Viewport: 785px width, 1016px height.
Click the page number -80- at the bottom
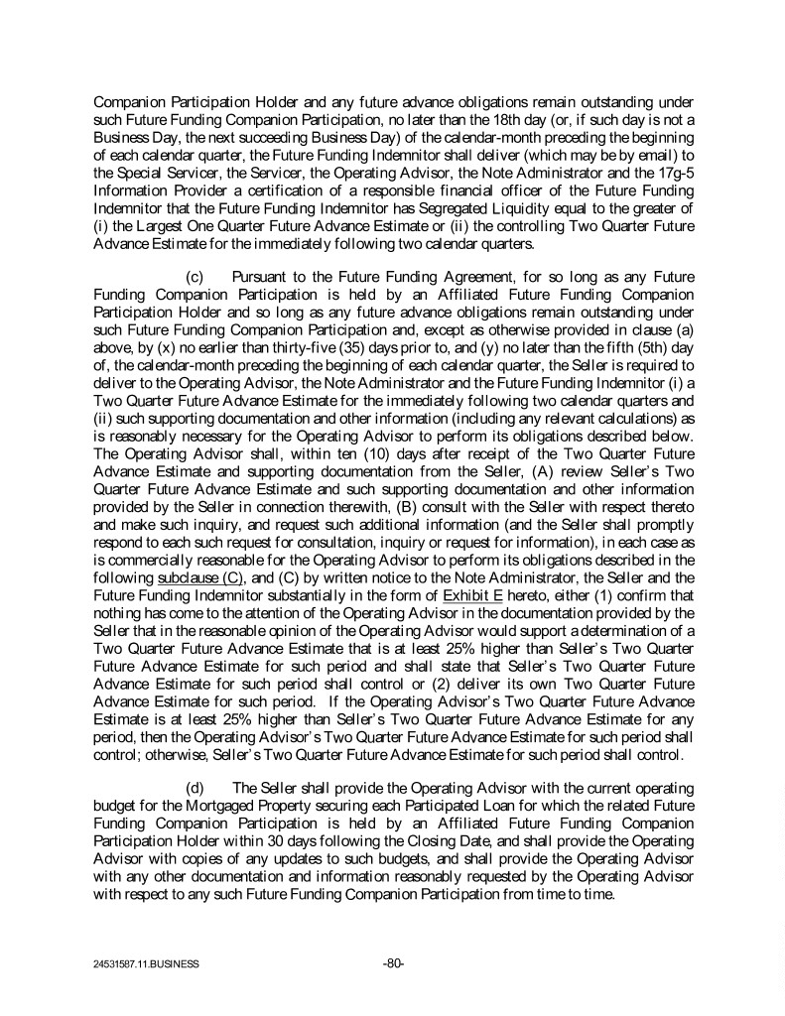[x=393, y=961]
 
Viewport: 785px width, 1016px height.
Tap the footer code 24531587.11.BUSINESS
[x=139, y=963]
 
